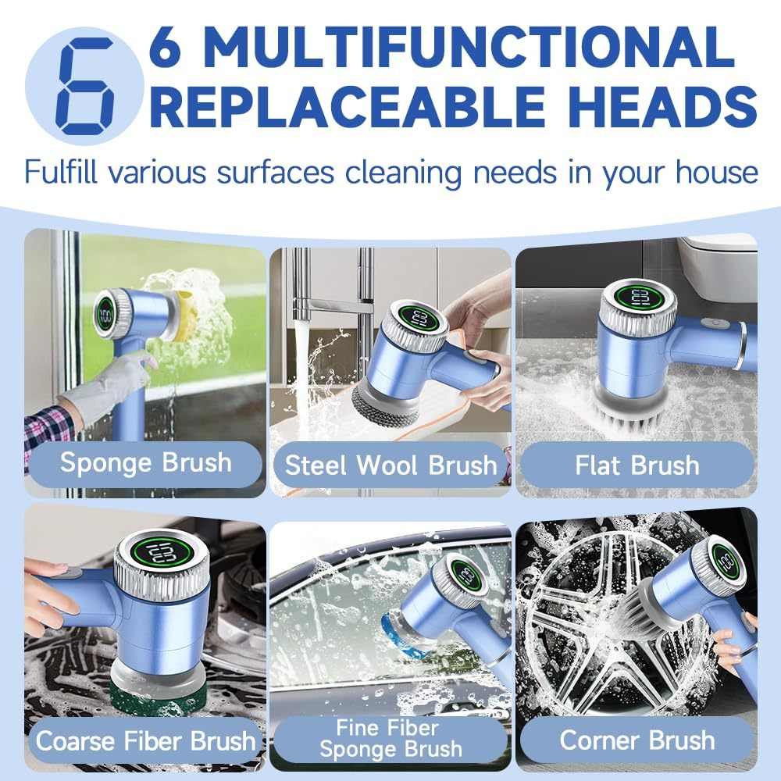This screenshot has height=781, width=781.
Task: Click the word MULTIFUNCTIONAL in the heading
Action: [x=468, y=48]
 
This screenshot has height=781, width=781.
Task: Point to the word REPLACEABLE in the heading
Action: [x=348, y=106]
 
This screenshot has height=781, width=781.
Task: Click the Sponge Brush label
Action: [x=146, y=463]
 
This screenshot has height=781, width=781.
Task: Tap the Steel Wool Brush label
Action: [x=391, y=465]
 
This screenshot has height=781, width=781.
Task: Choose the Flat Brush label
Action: [x=637, y=465]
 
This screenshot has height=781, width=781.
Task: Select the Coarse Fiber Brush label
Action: [x=145, y=740]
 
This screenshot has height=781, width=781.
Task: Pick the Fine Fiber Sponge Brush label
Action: [x=390, y=738]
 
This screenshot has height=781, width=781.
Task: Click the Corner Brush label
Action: [x=637, y=740]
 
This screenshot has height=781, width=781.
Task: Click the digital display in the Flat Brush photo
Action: [x=638, y=298]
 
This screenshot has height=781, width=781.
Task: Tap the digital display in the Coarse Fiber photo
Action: [x=162, y=552]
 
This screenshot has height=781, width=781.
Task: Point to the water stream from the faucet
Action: [x=301, y=368]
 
